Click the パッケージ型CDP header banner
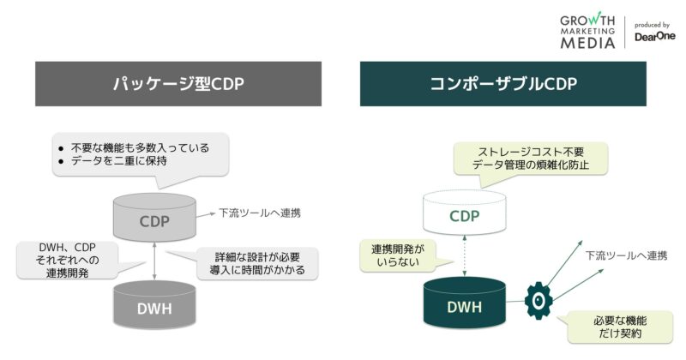pos(178,84)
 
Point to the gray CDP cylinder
pos(155,219)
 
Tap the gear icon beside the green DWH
pos(537,301)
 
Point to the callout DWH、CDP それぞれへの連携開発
pos(63,260)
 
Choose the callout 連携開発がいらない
pos(397,255)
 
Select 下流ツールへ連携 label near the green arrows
pos(626,255)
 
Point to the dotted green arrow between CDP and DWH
pos(465,258)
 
